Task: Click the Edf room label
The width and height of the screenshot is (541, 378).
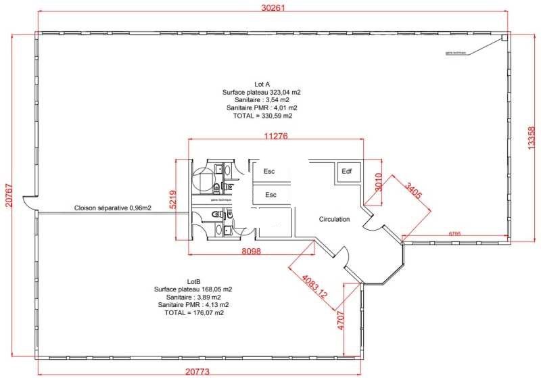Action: coord(346,171)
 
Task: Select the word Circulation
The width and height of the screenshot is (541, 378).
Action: coord(334,219)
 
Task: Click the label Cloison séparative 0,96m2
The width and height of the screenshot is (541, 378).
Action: coord(113,208)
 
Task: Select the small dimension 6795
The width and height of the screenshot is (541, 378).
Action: coord(454,234)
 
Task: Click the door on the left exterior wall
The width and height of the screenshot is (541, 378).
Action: coord(28,202)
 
